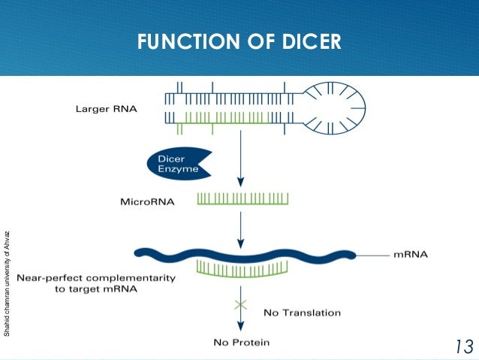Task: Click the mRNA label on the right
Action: tap(411, 255)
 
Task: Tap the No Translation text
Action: tap(303, 312)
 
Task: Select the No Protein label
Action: tap(239, 343)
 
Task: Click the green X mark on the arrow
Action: tap(240, 304)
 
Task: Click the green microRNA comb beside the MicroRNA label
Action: tap(243, 199)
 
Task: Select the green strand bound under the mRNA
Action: tap(240, 268)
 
